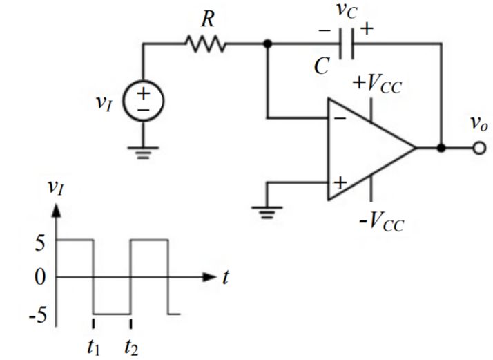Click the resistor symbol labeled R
205,44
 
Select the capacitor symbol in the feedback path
349,44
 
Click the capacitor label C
320,66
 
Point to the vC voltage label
344,11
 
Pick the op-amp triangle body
366,149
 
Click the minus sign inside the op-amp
340,118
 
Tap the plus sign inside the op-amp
340,182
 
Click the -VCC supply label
380,222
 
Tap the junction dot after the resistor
267,44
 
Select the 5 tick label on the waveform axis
40,242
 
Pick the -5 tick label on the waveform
36,315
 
